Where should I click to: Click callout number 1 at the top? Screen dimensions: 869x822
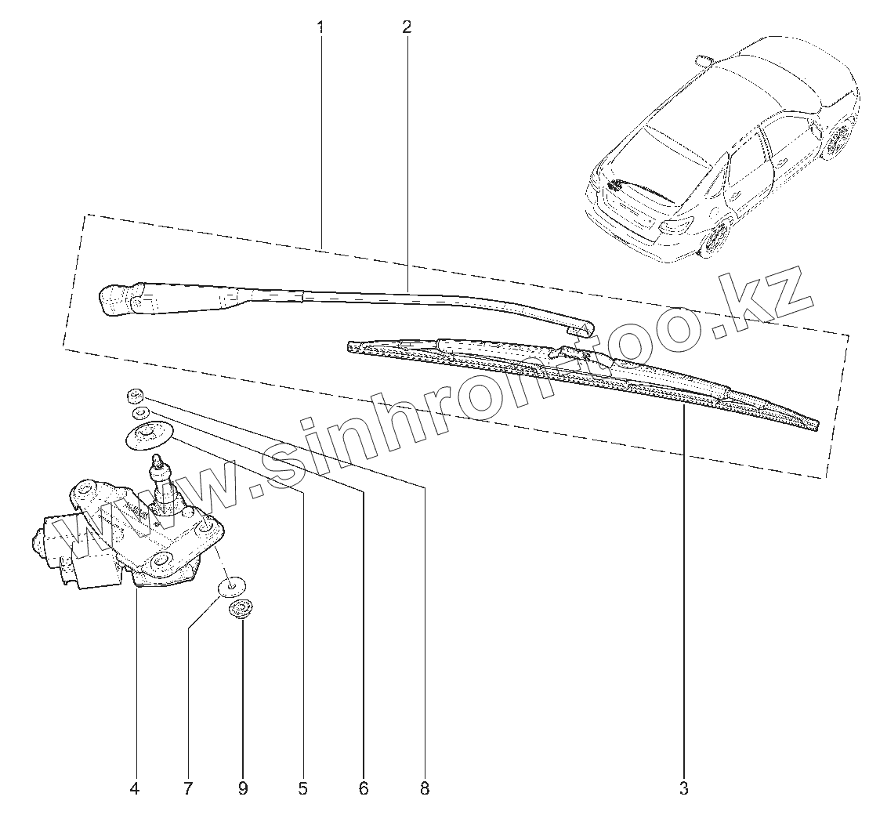point(320,27)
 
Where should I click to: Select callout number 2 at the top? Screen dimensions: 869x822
point(406,27)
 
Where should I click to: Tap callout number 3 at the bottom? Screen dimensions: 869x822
point(683,789)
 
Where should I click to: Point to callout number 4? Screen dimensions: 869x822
point(135,789)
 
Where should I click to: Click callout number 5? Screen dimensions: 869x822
point(302,789)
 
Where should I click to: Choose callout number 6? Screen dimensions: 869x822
point(363,789)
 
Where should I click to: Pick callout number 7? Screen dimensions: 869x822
point(187,789)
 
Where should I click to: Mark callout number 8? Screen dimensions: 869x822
point(425,789)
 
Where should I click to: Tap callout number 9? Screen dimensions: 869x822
point(242,789)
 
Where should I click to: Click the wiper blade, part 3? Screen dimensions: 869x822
point(580,376)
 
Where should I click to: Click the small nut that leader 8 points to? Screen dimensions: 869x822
point(134,394)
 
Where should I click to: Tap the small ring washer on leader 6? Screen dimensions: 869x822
point(139,412)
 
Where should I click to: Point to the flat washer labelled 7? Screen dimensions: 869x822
point(233,586)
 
